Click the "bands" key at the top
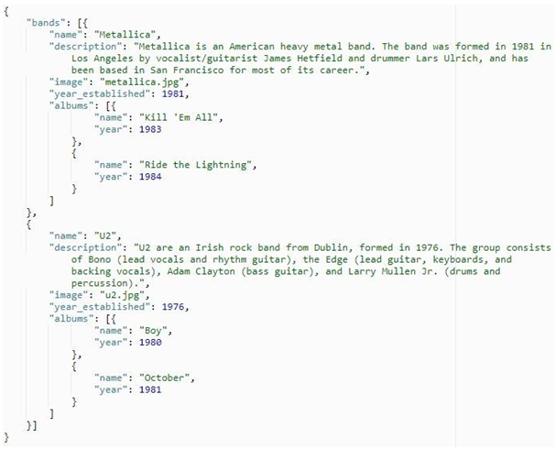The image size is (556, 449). point(46,23)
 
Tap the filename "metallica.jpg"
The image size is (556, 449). point(142,82)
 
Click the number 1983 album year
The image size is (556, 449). point(150,129)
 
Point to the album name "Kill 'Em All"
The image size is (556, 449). point(178,117)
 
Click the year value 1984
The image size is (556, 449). point(150,177)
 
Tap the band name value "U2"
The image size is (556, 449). point(105,235)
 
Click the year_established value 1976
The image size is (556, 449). point(173,307)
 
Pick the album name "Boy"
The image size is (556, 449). point(153,331)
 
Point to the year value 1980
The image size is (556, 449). point(150,342)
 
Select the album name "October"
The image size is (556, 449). point(164,378)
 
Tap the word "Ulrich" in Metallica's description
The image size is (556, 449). point(461,58)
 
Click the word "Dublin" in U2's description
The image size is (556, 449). point(331,247)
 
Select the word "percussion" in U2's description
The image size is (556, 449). point(99,283)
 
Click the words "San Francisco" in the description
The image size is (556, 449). point(187,71)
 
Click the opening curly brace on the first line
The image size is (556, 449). point(6,11)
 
